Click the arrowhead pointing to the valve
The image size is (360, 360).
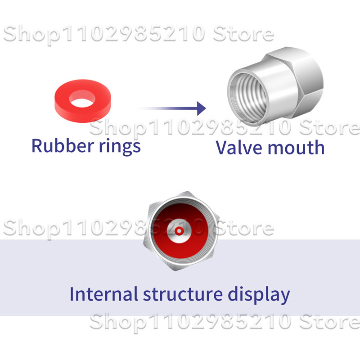tap(201, 108)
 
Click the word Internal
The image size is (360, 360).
tap(103, 294)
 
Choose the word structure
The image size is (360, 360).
tap(183, 294)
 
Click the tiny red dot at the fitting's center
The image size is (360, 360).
tap(180, 231)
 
